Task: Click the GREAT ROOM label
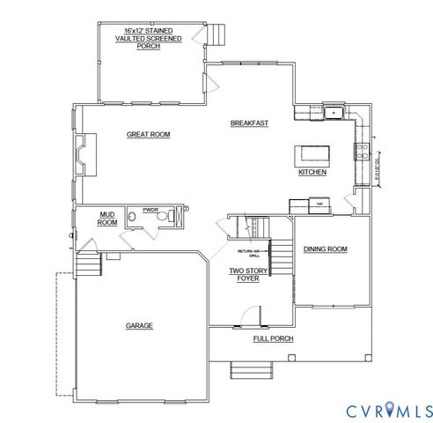coord(148,135)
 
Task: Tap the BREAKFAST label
coord(249,122)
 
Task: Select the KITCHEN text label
coord(312,172)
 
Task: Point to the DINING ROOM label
coord(325,249)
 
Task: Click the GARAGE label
coord(139,325)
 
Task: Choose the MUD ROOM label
coord(106,219)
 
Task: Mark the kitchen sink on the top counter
coord(334,113)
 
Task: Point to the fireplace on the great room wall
coord(82,153)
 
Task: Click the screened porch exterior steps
coord(216,36)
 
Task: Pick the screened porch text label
coord(149,38)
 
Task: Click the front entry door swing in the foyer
coord(251,315)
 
